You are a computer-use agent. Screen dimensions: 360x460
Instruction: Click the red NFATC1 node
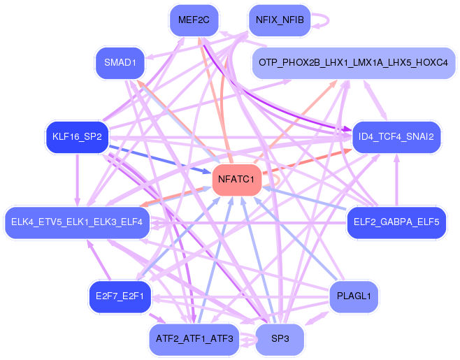coord(236,180)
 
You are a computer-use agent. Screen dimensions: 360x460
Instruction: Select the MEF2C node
coord(194,20)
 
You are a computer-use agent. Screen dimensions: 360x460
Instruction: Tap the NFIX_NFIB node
coord(279,20)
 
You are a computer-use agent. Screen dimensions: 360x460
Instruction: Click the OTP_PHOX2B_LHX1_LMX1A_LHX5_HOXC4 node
coord(353,63)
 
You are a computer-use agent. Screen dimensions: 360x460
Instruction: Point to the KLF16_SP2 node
coord(77,136)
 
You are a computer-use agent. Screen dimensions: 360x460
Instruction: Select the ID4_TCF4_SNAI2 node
coord(396,136)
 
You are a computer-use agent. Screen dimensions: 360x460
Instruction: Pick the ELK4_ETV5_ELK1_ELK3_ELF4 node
coord(77,222)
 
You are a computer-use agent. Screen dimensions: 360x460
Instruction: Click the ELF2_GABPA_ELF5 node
coord(396,222)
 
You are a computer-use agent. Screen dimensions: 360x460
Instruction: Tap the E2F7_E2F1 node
coord(120,296)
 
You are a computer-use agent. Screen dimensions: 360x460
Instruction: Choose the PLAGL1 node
coord(353,296)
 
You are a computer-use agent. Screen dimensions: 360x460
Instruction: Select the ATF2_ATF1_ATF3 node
coord(194,339)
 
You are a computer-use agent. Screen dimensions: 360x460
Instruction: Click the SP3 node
coord(280,339)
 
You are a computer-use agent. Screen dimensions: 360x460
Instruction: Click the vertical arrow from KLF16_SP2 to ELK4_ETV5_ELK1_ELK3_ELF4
coord(77,180)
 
